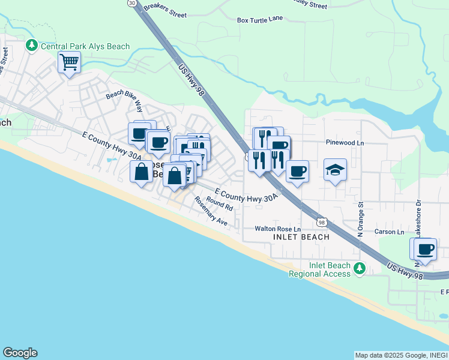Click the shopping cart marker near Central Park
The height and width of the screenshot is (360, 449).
70,62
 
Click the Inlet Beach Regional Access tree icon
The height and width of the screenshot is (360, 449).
360,267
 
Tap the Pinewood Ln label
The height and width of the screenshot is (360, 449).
345,143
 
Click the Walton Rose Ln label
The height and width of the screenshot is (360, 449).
277,229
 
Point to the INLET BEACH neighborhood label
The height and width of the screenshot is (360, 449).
301,237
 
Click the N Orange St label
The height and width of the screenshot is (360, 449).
361,219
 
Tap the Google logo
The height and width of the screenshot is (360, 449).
20,353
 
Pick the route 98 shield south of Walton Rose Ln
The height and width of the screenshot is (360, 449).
322,223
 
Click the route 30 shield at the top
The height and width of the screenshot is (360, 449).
132,3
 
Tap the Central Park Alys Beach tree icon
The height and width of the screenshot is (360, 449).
31,46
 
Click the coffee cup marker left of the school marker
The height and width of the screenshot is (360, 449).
297,171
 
